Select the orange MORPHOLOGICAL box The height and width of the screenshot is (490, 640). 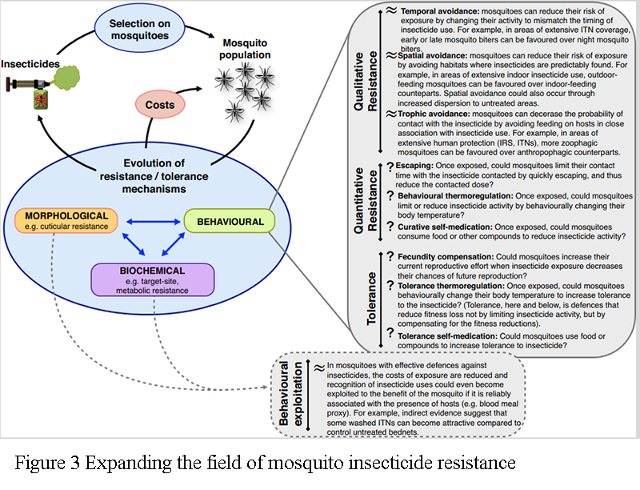[x=65, y=221]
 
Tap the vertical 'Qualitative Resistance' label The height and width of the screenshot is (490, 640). [x=362, y=80]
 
